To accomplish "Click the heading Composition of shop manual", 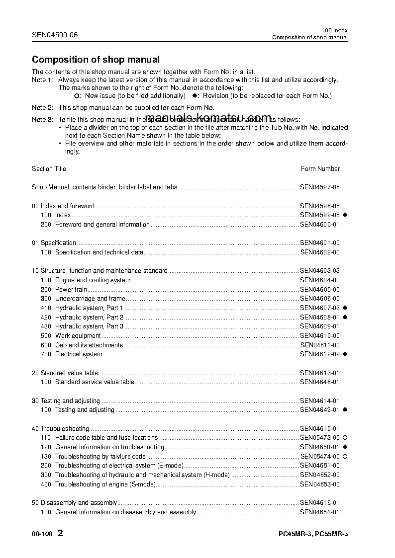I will [96, 60].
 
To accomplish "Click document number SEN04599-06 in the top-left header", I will [55, 35].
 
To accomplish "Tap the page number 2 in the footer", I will [60, 534].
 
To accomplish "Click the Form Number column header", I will [320, 169].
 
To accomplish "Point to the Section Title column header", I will [49, 169].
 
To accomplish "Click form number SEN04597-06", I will [319, 187].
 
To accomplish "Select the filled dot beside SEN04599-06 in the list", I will [345, 215].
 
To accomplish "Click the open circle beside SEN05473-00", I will [345, 438].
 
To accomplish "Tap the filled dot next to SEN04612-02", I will [345, 354].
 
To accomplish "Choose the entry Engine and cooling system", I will [93, 280].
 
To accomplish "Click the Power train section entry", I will [71, 290].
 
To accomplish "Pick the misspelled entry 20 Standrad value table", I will [65, 373].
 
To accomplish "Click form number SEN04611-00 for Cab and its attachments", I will [320, 345].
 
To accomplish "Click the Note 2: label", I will [42, 107].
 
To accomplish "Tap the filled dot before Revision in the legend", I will [195, 95].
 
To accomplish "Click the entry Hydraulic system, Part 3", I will [89, 326].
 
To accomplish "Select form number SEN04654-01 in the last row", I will [319, 512].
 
